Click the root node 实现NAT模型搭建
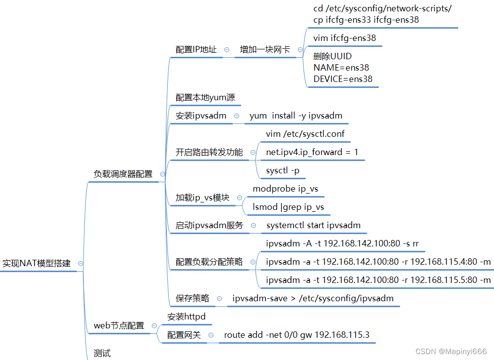pos(37,263)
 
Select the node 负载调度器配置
pos(123,174)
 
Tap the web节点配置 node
pos(119,325)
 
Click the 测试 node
pos(102,353)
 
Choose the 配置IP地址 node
pos(196,49)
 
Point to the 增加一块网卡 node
pos(265,49)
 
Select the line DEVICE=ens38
pos(343,79)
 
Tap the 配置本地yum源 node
pos(205,97)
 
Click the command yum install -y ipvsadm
pos(296,116)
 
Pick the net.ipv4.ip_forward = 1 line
pos(312,152)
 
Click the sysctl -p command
pos(283,171)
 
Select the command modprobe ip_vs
pos(282,189)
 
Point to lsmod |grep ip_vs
pos(288,207)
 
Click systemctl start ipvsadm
pos(313,225)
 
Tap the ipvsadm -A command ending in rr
pos(342,243)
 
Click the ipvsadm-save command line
pos(313,298)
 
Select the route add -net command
pos(297,335)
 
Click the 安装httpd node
pos(186,317)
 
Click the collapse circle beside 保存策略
pos(219,298)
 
